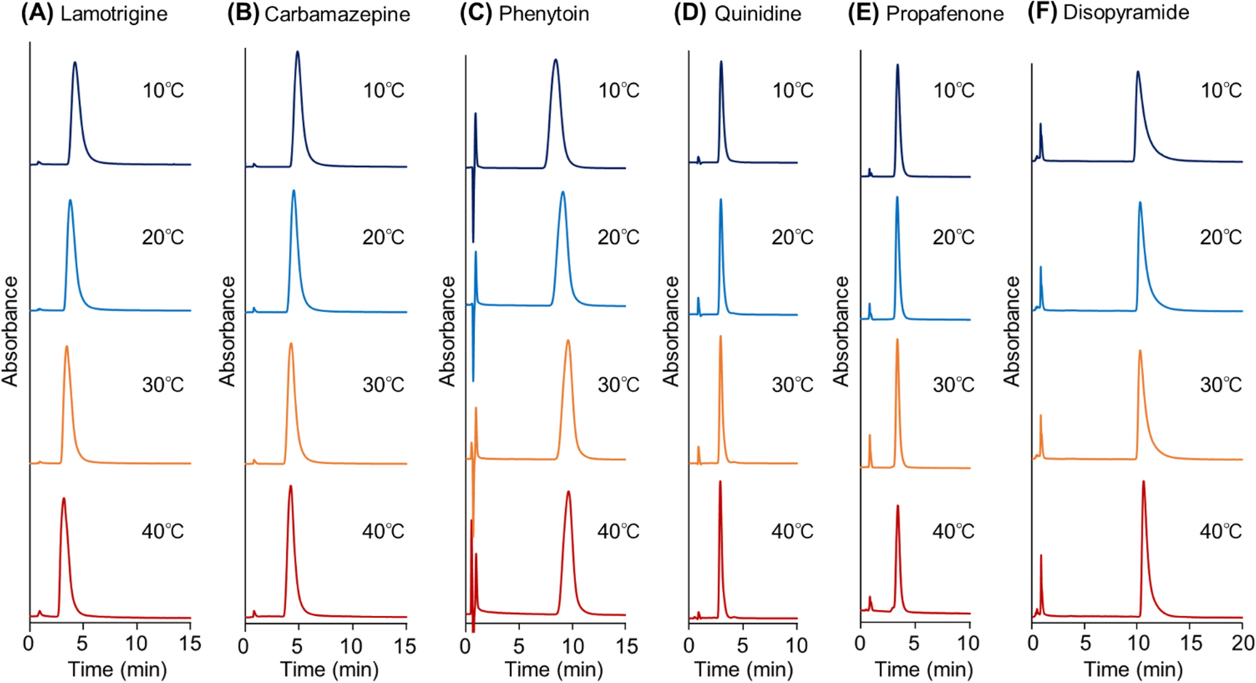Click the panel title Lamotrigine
point(113,14)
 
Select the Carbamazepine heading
point(337,14)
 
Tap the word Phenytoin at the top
point(543,14)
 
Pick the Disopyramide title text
point(1126,13)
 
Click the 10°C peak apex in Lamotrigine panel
point(75,63)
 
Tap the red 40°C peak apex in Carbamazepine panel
point(290,487)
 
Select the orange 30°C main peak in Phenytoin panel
point(568,341)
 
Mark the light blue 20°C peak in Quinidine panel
point(721,200)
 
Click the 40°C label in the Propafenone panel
point(953,532)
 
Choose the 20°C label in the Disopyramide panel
point(1220,237)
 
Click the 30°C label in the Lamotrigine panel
point(163,384)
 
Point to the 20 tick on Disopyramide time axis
point(1243,644)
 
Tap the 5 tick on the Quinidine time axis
point(742,645)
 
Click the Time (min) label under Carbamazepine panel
point(329,670)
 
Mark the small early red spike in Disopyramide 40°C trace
point(1041,556)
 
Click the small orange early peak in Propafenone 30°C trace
point(870,436)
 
